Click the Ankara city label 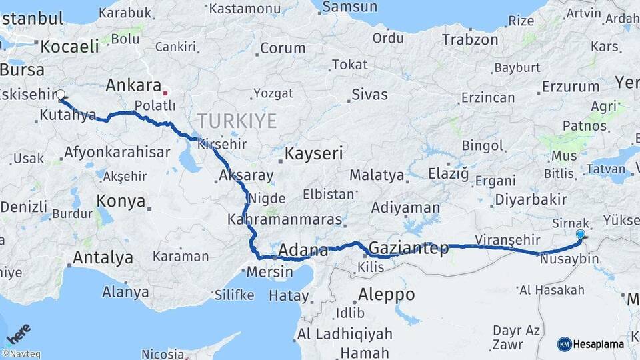tap(133, 85)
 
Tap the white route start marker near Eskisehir tap(61, 95)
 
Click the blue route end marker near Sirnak tap(581, 235)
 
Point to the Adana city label tap(303, 251)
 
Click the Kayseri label tap(313, 153)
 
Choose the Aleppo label tap(386, 294)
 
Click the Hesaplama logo tap(591, 344)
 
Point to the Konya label tap(121, 201)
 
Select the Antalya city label tap(103, 257)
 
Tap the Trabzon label tap(470, 40)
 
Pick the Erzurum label tap(571, 86)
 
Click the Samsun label tap(350, 7)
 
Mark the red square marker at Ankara tap(165, 93)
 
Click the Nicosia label tap(158, 353)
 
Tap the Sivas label tap(369, 94)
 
